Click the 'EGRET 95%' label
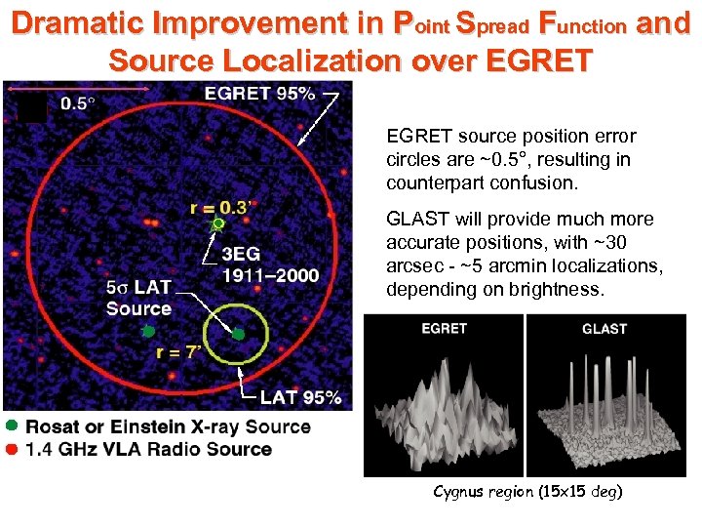(x=259, y=94)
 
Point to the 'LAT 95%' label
(x=300, y=397)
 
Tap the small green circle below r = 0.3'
(x=219, y=223)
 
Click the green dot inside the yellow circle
(x=238, y=334)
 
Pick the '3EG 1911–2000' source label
(x=270, y=265)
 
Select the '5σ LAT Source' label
(x=138, y=298)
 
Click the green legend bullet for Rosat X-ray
(x=11, y=426)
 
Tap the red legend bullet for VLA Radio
(x=11, y=449)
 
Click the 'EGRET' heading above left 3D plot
(x=444, y=328)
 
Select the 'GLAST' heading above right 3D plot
(x=604, y=328)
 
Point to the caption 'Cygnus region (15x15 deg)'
(x=526, y=491)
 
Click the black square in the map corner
(x=32, y=107)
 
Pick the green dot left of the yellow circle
(x=148, y=332)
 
